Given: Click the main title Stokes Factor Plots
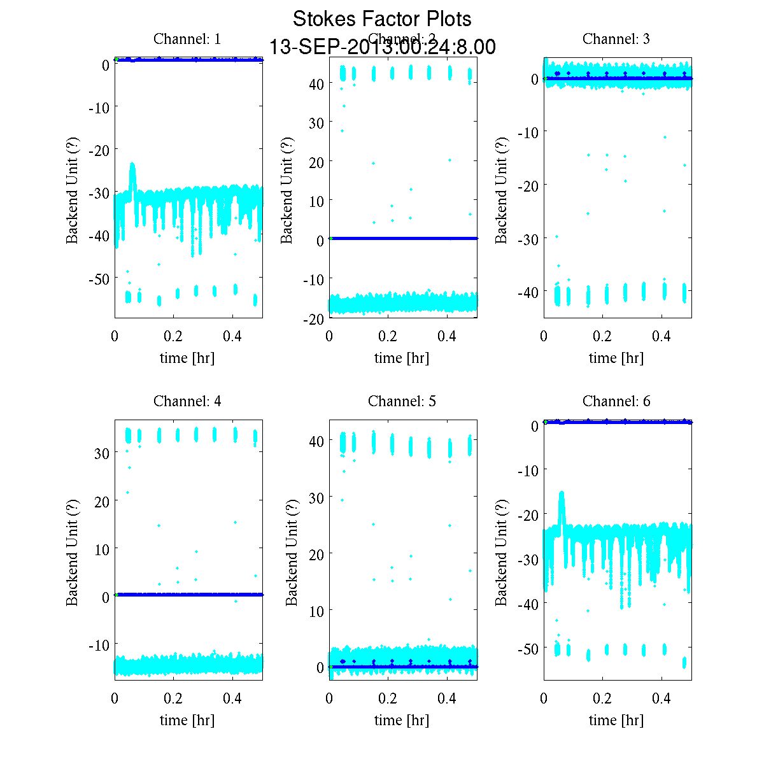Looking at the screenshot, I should (x=382, y=19).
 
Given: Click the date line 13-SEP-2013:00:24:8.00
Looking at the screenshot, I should (x=382, y=47).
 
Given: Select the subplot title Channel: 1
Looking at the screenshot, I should (x=187, y=39).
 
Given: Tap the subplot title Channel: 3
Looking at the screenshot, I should (x=616, y=39).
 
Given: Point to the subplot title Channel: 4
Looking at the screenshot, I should (x=187, y=401).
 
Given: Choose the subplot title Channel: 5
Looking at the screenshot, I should (x=402, y=401).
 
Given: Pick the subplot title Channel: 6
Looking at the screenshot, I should (x=616, y=401).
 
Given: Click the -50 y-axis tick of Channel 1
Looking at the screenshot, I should (x=99, y=278).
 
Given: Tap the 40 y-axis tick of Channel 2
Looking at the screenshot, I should (x=317, y=83).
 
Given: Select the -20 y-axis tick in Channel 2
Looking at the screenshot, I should (x=315, y=319).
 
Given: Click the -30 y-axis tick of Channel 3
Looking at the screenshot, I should (x=529, y=239).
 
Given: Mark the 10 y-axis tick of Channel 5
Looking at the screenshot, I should (x=317, y=611).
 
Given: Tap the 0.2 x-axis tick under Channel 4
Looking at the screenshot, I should (x=173, y=698).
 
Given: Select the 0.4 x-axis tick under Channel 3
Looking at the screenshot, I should (x=662, y=336).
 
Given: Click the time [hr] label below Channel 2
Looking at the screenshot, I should (x=402, y=358).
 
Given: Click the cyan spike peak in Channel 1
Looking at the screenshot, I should (x=132, y=165).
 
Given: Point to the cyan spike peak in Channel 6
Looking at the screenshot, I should (x=562, y=493).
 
